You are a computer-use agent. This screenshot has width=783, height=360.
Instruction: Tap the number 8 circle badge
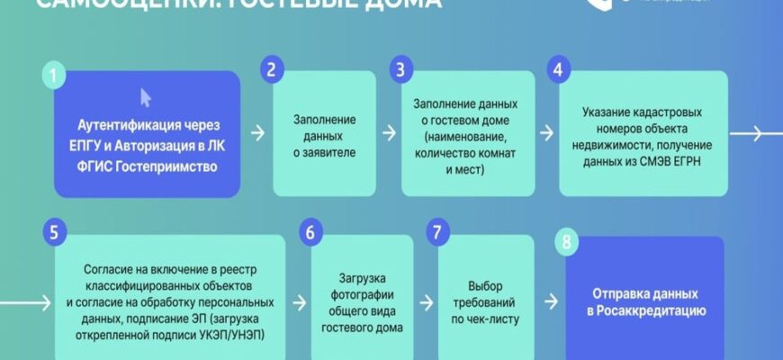click(x=566, y=241)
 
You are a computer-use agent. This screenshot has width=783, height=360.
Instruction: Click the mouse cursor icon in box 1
click(x=146, y=96)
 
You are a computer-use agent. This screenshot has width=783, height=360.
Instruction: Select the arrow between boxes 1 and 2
click(x=257, y=133)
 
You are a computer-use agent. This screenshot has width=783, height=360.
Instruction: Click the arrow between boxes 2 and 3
click(x=389, y=133)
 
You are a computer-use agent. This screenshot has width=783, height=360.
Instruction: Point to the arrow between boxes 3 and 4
click(x=545, y=133)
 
